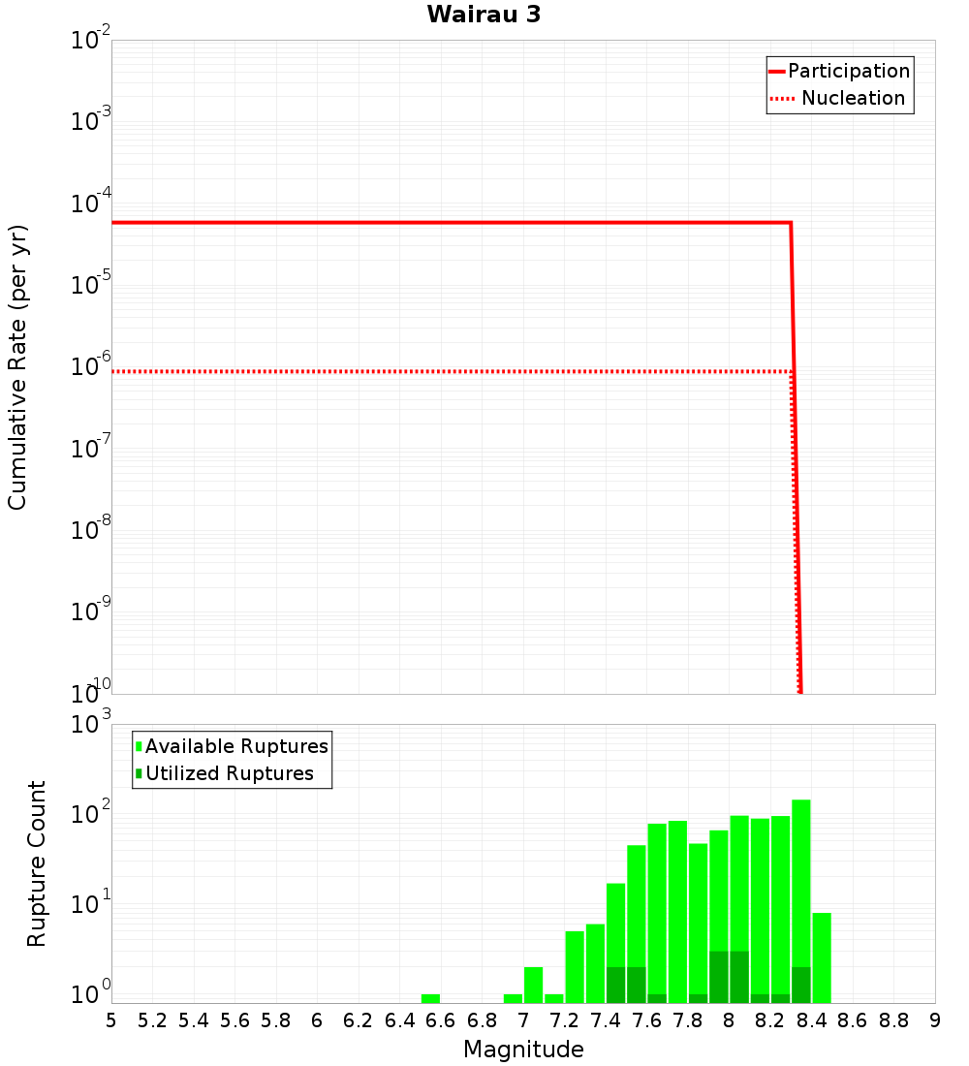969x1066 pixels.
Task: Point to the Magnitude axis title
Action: tap(523, 1050)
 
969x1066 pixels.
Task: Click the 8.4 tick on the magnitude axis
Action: tap(812, 1020)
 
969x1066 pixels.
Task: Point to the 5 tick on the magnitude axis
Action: tap(111, 1020)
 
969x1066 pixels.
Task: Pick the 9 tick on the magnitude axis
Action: tap(935, 1020)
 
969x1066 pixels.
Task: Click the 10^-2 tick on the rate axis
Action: tap(91, 42)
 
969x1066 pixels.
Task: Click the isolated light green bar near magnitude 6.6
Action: tap(430, 998)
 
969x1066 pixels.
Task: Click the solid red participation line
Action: tap(446, 223)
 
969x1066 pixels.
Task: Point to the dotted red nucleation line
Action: tap(446, 371)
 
